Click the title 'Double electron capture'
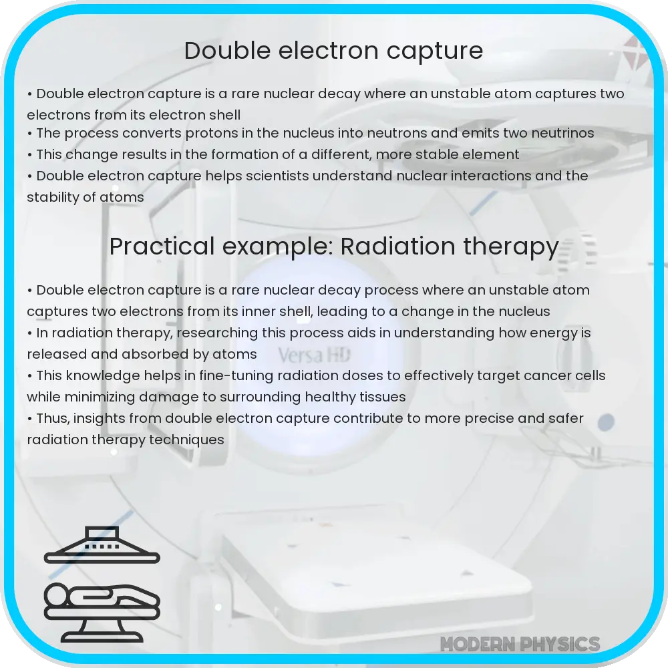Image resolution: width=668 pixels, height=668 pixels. coord(333,51)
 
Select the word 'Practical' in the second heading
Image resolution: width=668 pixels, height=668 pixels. coord(154,246)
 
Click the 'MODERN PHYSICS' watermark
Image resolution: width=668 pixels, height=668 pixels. coord(520,644)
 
